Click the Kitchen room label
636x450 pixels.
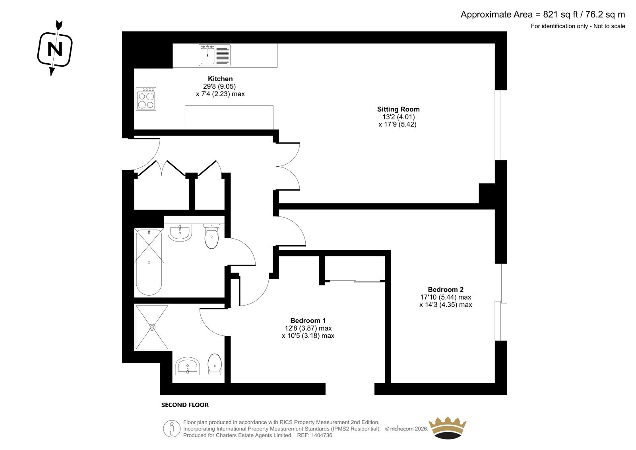pos(220,79)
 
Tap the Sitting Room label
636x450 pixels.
pos(398,109)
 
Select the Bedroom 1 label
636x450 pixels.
pos(308,320)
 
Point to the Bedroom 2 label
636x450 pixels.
pos(446,289)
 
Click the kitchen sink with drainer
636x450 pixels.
pos(214,55)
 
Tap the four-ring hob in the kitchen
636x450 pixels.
pos(146,99)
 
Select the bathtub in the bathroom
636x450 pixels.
pos(149,262)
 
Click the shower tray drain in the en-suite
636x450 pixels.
pos(152,327)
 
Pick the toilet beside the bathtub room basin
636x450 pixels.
pos(211,236)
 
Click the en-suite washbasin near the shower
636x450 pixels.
pos(187,366)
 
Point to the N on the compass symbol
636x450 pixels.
pos(55,49)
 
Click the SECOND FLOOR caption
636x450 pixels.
pos(185,405)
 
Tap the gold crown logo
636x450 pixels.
pos(448,428)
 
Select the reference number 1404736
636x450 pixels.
pos(322,435)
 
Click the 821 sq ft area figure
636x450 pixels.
pos(560,14)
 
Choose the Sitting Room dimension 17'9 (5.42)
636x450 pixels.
pos(397,124)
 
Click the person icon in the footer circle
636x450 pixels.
pos(171,429)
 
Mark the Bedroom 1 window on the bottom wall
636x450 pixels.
pos(350,389)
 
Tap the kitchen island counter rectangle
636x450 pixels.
pos(229,117)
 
